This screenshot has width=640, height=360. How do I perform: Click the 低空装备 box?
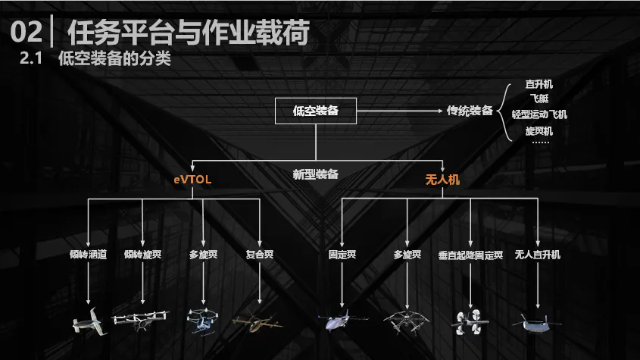pyautogui.click(x=315, y=111)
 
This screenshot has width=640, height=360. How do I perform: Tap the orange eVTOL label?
pyautogui.click(x=192, y=180)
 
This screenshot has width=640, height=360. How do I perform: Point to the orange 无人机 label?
pyautogui.click(x=442, y=180)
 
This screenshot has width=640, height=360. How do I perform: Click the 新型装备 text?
pyautogui.click(x=315, y=174)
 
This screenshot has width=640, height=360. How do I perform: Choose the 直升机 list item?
pyautogui.click(x=539, y=84)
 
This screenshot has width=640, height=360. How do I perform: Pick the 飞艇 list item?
pyautogui.click(x=539, y=99)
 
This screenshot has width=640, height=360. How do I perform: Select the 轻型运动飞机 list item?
pyautogui.click(x=539, y=114)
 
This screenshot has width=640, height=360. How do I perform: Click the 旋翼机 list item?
pyautogui.click(x=539, y=130)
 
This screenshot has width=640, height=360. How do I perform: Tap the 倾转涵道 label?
pyautogui.click(x=89, y=255)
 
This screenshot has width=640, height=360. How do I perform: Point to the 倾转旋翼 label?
pyautogui.click(x=142, y=255)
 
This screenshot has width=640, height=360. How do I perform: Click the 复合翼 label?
pyautogui.click(x=260, y=255)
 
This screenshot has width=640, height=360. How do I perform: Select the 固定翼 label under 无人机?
pyautogui.click(x=342, y=255)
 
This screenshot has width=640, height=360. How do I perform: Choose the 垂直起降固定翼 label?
pyautogui.click(x=470, y=255)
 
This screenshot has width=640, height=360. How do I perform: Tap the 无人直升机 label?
pyautogui.click(x=537, y=255)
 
